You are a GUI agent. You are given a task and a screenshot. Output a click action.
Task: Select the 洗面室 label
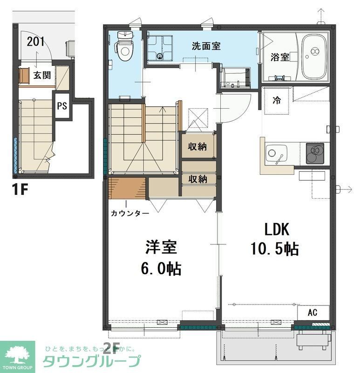[x=206, y=46]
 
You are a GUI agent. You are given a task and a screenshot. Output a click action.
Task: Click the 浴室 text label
[x=280, y=57]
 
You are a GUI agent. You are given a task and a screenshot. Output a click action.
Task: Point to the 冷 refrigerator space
[x=277, y=100]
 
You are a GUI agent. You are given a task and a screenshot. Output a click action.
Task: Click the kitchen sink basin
[x=276, y=153]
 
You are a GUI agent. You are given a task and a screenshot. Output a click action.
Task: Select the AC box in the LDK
[x=313, y=312]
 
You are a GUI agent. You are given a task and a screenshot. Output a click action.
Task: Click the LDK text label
[x=277, y=230]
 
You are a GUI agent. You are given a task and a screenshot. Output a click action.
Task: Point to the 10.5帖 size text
[x=275, y=249]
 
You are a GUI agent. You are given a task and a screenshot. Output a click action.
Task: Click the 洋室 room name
[x=156, y=248]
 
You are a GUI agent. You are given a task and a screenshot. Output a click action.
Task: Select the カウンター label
[x=130, y=214]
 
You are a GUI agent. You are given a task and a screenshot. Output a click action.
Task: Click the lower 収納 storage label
[x=197, y=179]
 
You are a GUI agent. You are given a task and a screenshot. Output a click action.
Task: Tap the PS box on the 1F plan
[x=62, y=106]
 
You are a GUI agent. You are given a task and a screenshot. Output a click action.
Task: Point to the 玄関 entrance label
[x=42, y=75]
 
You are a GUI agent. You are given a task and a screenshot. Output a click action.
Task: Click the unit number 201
[x=36, y=41]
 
